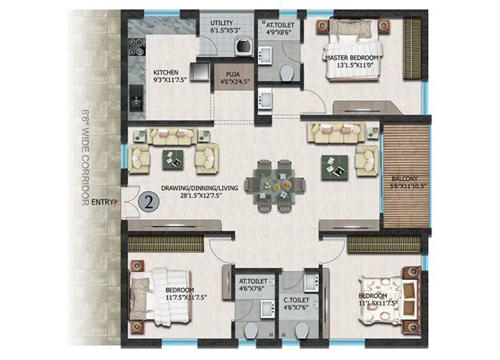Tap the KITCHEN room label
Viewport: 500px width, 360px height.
click(166, 72)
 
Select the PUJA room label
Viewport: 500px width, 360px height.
click(232, 73)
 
